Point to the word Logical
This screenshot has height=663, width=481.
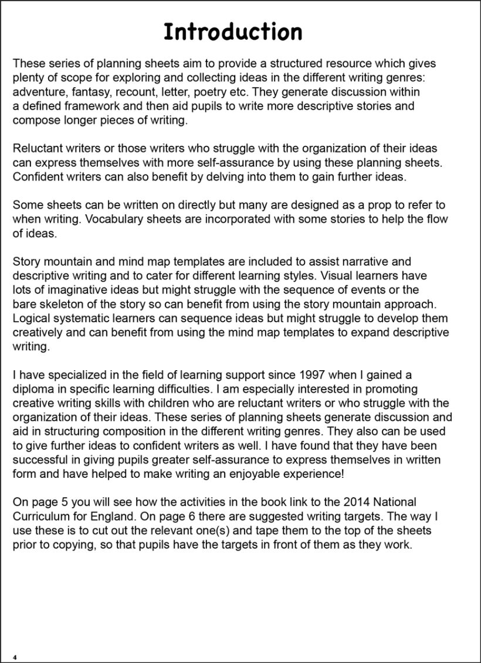coord(32,319)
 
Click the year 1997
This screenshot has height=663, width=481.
coord(303,375)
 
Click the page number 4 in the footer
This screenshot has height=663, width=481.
coord(15,657)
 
